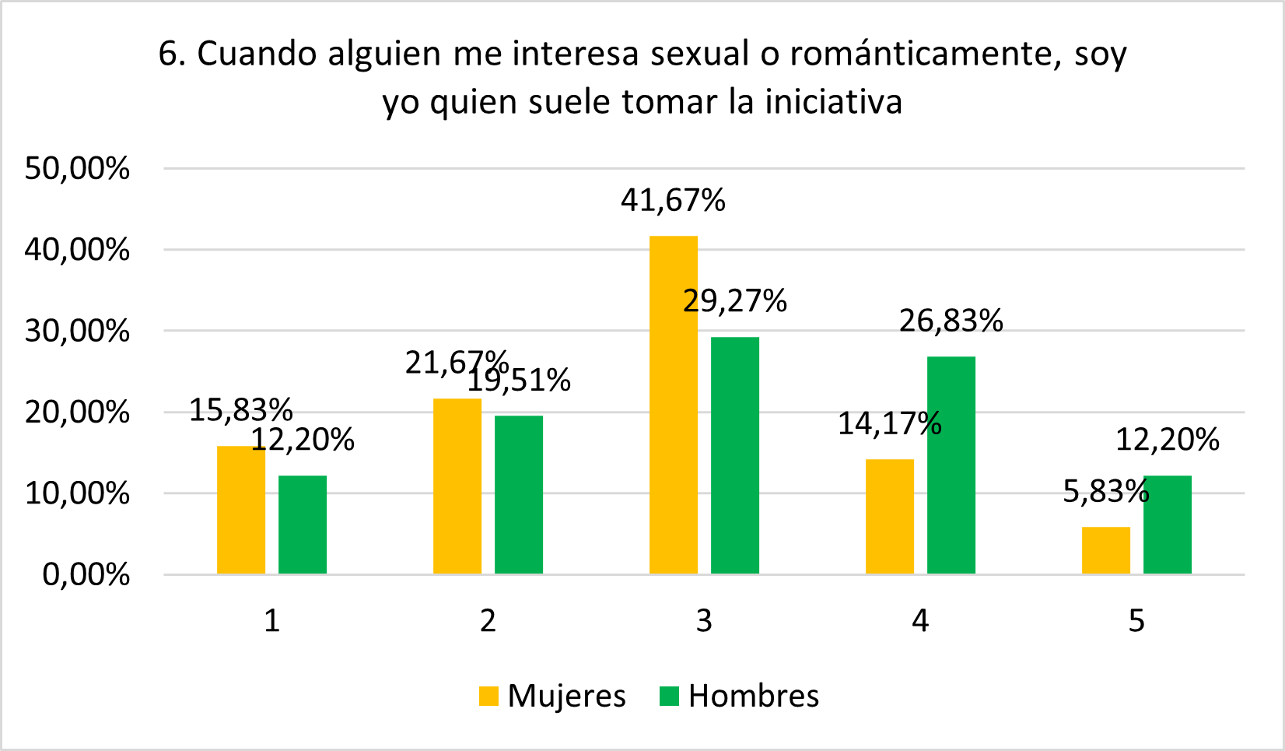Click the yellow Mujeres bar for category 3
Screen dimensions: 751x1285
point(674,405)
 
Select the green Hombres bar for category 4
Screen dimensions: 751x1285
point(951,465)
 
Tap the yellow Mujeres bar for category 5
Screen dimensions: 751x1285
point(1105,551)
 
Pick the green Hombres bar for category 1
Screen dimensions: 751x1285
point(303,525)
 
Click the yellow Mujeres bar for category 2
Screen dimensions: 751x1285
point(457,486)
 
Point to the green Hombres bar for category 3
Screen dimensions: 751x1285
point(735,455)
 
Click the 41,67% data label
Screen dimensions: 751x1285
point(673,201)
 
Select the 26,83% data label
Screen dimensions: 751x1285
point(951,321)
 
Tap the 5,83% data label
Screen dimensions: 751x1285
point(1105,492)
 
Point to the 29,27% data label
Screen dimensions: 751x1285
point(735,300)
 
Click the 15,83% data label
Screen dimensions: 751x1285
point(241,410)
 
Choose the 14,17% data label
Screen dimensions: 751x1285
point(889,423)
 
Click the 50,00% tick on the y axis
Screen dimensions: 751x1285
point(77,168)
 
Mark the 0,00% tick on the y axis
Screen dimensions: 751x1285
point(86,574)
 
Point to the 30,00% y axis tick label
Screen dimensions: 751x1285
point(77,331)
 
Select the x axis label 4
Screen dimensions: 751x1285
point(920,621)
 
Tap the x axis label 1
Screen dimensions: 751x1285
point(271,621)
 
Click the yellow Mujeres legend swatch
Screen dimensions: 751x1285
point(488,696)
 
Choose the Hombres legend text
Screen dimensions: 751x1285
point(754,696)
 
